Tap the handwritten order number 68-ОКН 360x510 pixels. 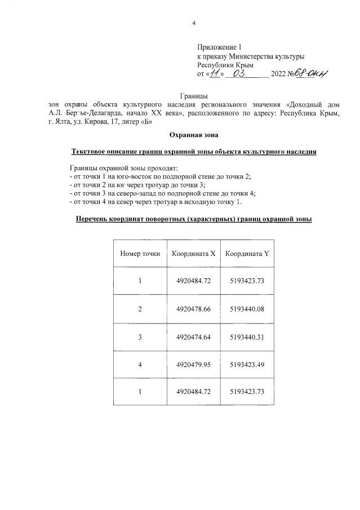[313, 74]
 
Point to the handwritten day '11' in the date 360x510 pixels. [215, 74]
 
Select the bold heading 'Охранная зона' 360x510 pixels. [193, 135]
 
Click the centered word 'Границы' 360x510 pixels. [193, 96]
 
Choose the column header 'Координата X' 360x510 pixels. [193, 254]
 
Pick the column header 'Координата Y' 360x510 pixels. [247, 254]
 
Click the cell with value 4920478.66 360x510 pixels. [193, 309]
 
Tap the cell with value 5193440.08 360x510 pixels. [247, 309]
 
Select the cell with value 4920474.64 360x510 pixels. [193, 337]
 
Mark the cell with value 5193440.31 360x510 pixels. [247, 337]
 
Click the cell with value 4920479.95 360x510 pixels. [193, 365]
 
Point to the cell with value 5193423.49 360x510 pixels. [247, 365]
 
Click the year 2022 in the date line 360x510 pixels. [279, 74]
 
